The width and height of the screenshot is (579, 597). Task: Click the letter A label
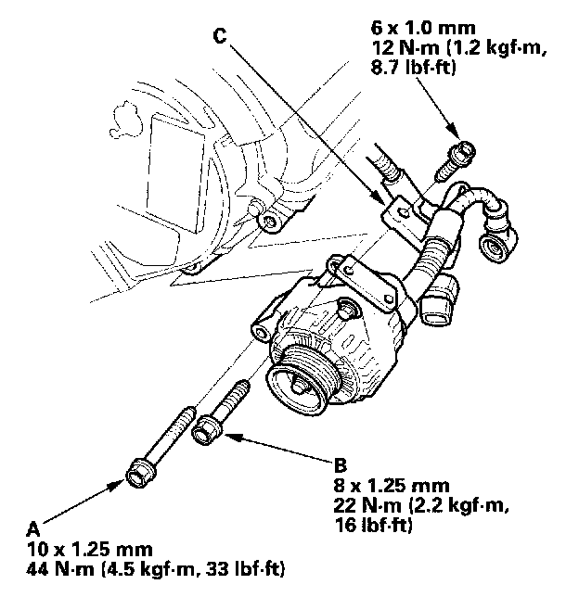tap(33, 527)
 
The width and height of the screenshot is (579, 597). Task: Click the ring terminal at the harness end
tap(493, 243)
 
